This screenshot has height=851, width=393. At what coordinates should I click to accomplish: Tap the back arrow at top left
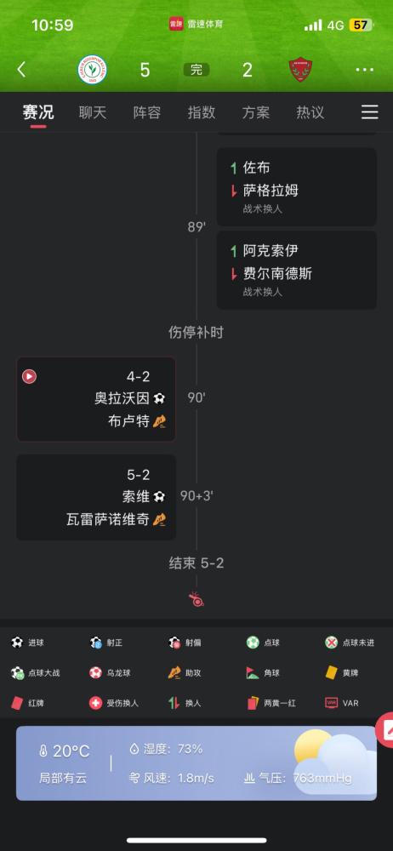[21, 70]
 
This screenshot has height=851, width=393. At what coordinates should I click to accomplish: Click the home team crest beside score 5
[92, 70]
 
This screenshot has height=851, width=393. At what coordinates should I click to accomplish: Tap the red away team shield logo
[300, 70]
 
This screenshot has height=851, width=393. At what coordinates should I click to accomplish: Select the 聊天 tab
[93, 112]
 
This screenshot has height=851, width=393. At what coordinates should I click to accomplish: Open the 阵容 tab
[147, 112]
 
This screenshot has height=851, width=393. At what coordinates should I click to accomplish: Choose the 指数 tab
[202, 112]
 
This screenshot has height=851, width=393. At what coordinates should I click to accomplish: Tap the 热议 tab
[310, 112]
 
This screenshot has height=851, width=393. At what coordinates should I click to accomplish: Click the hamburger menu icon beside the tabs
[370, 111]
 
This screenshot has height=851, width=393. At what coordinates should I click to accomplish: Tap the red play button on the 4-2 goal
[29, 376]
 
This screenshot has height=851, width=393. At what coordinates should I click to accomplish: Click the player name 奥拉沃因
[122, 398]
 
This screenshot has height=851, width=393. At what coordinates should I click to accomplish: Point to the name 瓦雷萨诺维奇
[108, 520]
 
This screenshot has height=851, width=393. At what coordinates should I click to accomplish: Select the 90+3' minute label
[196, 496]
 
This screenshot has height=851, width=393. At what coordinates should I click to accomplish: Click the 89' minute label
[196, 227]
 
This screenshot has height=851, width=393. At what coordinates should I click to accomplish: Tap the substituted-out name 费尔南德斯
[277, 273]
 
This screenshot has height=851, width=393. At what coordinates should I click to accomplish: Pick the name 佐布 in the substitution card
[256, 168]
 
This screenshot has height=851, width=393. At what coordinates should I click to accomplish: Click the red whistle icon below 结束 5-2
[196, 600]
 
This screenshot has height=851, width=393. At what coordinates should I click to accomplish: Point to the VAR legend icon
[331, 703]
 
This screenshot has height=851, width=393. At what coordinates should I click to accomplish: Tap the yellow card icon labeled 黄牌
[331, 672]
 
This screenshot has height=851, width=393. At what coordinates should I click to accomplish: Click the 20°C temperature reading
[71, 751]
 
